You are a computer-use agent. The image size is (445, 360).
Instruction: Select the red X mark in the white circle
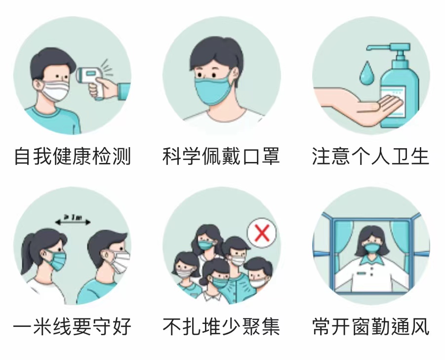(262, 233)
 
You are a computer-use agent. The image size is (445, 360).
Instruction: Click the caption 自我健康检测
(73, 156)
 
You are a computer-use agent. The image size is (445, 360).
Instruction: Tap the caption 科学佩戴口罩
(221, 156)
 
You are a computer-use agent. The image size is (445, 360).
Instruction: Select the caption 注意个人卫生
(370, 156)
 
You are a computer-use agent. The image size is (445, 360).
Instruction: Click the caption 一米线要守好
(73, 326)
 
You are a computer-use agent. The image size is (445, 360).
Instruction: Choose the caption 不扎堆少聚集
(221, 326)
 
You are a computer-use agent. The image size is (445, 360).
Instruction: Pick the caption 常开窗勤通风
(370, 326)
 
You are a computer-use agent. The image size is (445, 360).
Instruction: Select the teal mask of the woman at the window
(371, 248)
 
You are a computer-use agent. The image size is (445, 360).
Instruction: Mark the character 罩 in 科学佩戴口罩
(271, 156)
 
